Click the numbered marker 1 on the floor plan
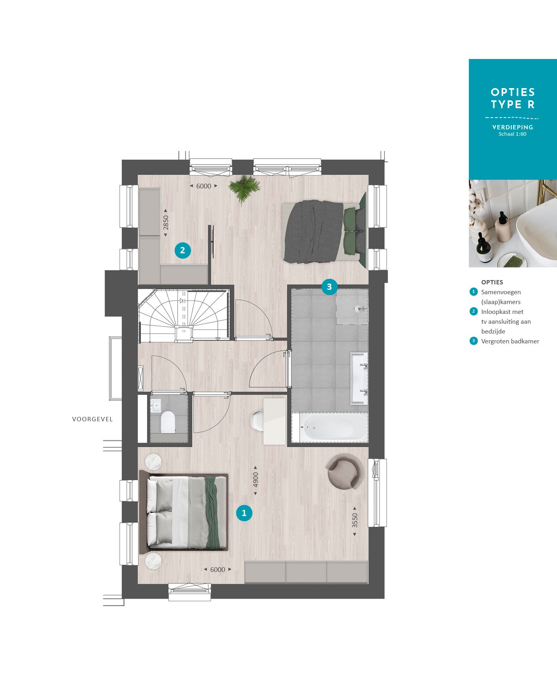[244, 513]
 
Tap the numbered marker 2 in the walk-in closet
[182, 250]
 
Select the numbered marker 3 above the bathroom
[329, 287]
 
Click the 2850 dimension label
[166, 223]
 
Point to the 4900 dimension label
[256, 479]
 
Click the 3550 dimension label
[355, 520]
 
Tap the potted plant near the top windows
[244, 188]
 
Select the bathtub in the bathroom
[329, 428]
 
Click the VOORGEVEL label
[92, 419]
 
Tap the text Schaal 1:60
[512, 134]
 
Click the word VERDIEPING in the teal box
[513, 127]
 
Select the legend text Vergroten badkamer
[510, 341]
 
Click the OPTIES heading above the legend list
[492, 282]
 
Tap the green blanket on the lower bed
[212, 512]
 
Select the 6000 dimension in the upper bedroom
[204, 186]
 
